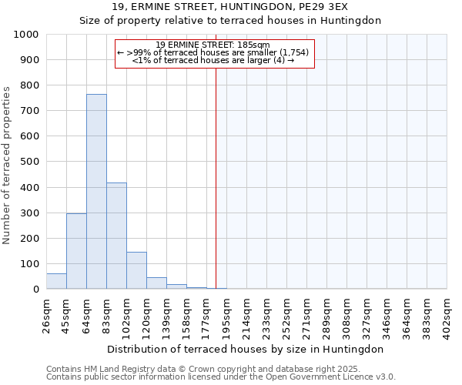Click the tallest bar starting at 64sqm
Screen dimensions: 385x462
tap(96, 192)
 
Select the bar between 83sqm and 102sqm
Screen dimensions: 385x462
tap(116, 236)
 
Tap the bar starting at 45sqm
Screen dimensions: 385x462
tap(76, 251)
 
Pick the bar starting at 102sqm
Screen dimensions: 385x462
tap(136, 270)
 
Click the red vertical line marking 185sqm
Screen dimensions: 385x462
tap(216, 177)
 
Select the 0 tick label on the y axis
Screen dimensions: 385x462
tap(35, 290)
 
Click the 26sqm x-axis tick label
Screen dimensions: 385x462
tap(46, 315)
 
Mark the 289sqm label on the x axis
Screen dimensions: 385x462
tap(326, 315)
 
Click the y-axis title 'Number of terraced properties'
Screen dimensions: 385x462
tap(7, 165)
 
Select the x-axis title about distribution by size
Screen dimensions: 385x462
tap(246, 349)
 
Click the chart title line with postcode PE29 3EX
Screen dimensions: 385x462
tap(230, 6)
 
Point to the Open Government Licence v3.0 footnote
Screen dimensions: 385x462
tap(221, 377)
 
